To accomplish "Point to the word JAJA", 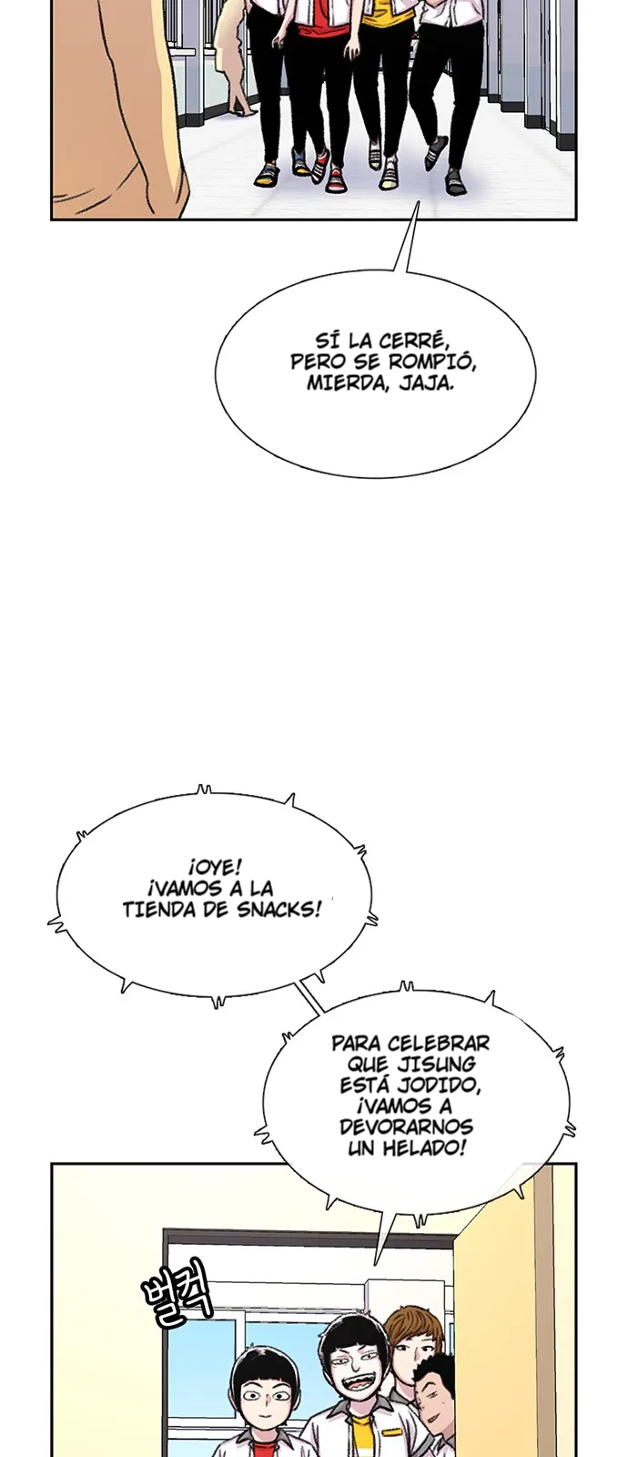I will tap(424, 382).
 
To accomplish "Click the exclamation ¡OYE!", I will tap(217, 867).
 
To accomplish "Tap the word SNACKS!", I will tap(279, 910).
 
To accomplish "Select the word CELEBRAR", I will tap(437, 1043).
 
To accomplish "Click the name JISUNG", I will tap(441, 1064).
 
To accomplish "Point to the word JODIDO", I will tap(441, 1085).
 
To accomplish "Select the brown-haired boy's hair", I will tap(411, 1331).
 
